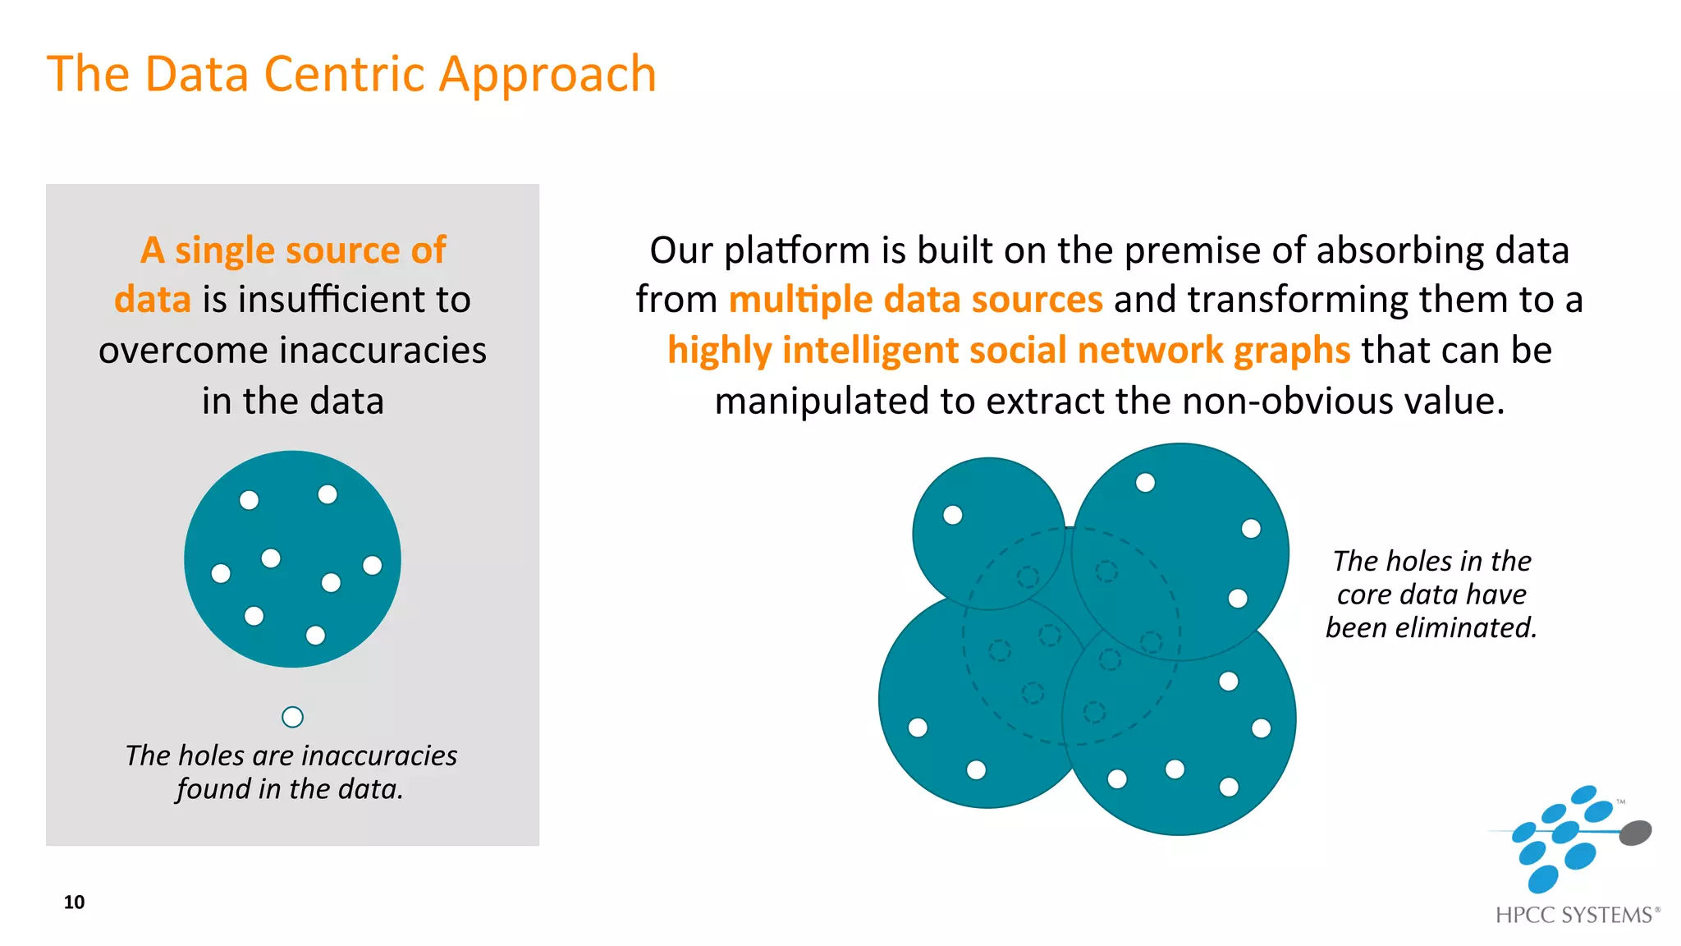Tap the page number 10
(x=74, y=902)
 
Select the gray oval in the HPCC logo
(x=1634, y=833)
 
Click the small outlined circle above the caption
(x=292, y=717)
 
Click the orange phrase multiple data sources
(x=915, y=300)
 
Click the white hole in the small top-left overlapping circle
(x=952, y=515)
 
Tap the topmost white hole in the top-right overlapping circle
(x=1145, y=483)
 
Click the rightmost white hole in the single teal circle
(x=372, y=565)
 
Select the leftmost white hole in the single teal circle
(x=221, y=573)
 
